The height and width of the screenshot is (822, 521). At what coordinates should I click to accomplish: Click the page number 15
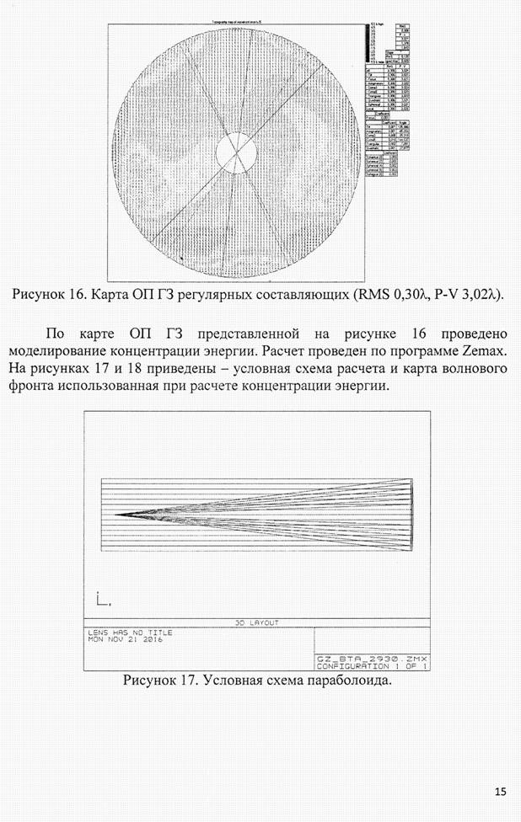coord(501,791)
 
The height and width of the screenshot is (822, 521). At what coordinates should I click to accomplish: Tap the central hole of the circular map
coord(235,153)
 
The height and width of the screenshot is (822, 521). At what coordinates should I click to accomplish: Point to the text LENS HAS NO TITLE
coord(124,632)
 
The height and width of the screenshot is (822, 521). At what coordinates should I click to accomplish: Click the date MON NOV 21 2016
coord(126,639)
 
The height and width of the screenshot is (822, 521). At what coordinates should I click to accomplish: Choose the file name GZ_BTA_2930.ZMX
coord(372,658)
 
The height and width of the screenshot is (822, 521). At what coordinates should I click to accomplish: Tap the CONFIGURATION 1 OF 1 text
coord(372,665)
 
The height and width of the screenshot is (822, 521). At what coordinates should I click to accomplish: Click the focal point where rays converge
coord(117,513)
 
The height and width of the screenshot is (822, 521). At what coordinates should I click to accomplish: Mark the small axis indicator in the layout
coord(102,600)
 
